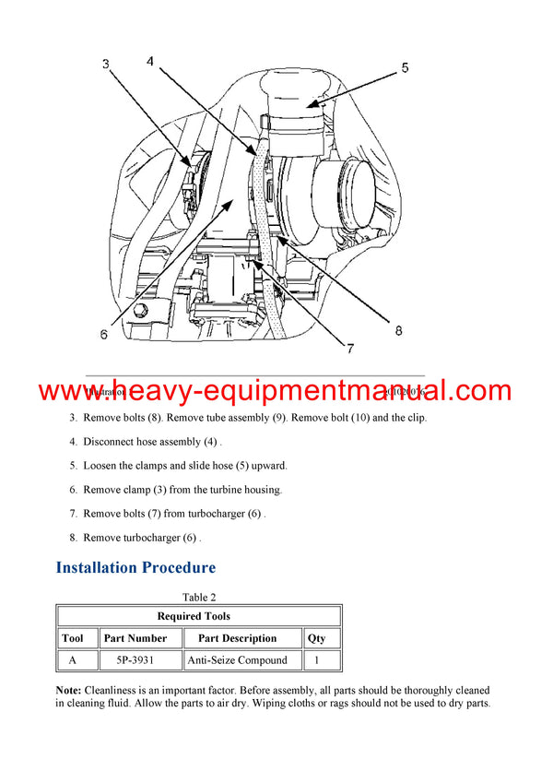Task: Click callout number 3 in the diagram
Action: pos(106,65)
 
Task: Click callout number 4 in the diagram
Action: pos(149,62)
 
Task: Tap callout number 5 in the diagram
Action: pos(404,67)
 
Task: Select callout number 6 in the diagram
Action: pos(103,335)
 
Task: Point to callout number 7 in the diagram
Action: pos(350,348)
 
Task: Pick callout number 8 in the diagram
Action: pos(398,328)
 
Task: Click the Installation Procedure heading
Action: pos(135,567)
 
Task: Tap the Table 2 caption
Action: pos(199,598)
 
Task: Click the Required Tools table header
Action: pos(199,616)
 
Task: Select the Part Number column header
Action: pos(135,638)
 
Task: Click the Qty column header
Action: pos(316,638)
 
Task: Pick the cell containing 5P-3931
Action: pos(135,660)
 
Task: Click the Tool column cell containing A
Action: pos(72,660)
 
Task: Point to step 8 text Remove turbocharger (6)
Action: pos(141,538)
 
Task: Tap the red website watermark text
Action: pos(276,391)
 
